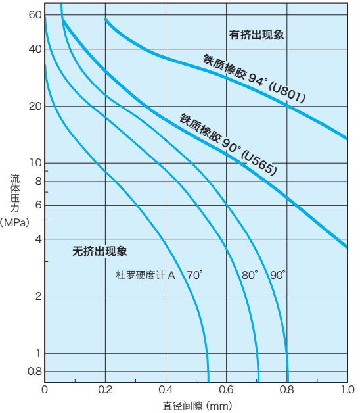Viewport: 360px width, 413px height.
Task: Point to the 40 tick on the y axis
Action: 35,49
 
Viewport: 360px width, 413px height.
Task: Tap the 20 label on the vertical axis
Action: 35,107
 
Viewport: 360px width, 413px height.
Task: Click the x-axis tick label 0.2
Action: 105,389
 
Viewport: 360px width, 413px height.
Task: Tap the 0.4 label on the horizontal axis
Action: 166,389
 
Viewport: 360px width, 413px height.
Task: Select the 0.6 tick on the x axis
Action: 226,389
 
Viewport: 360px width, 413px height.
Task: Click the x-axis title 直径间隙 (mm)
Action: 197,406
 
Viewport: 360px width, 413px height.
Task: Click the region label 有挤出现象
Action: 256,35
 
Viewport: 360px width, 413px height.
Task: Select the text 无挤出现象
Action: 99,251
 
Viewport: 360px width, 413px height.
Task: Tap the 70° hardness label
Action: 194,276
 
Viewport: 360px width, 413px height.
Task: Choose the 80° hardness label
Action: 250,276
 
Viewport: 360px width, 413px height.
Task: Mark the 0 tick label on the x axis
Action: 45,389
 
